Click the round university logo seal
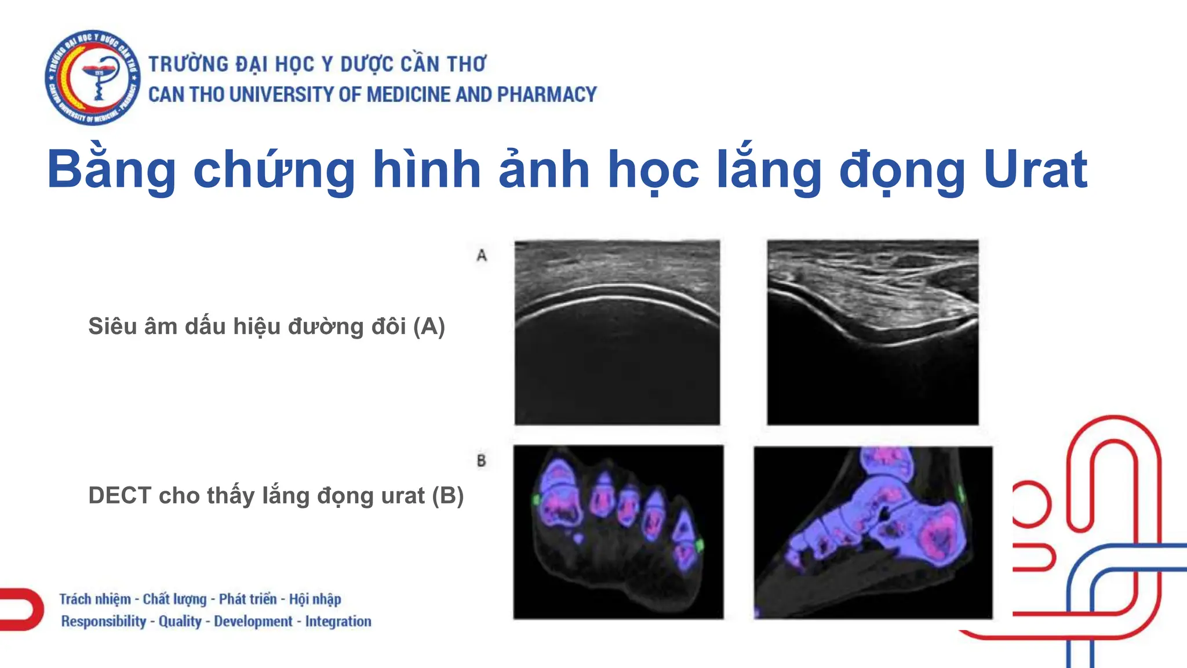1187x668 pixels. click(x=93, y=78)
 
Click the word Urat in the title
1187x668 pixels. click(x=1035, y=170)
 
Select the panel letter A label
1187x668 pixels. click(x=482, y=255)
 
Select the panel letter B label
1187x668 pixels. click(x=481, y=461)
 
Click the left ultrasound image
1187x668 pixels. click(x=617, y=332)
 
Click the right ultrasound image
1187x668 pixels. click(x=873, y=332)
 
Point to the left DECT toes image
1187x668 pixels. click(x=618, y=532)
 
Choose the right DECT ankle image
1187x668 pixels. click(x=873, y=532)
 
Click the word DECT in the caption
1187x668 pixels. click(x=119, y=496)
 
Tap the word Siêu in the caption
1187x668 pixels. click(x=112, y=326)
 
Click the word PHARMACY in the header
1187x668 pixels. click(x=547, y=95)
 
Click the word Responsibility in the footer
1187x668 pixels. click(x=104, y=621)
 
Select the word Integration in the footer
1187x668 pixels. click(x=338, y=621)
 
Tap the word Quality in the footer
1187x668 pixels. click(x=180, y=621)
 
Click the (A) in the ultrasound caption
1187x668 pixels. click(x=429, y=326)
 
